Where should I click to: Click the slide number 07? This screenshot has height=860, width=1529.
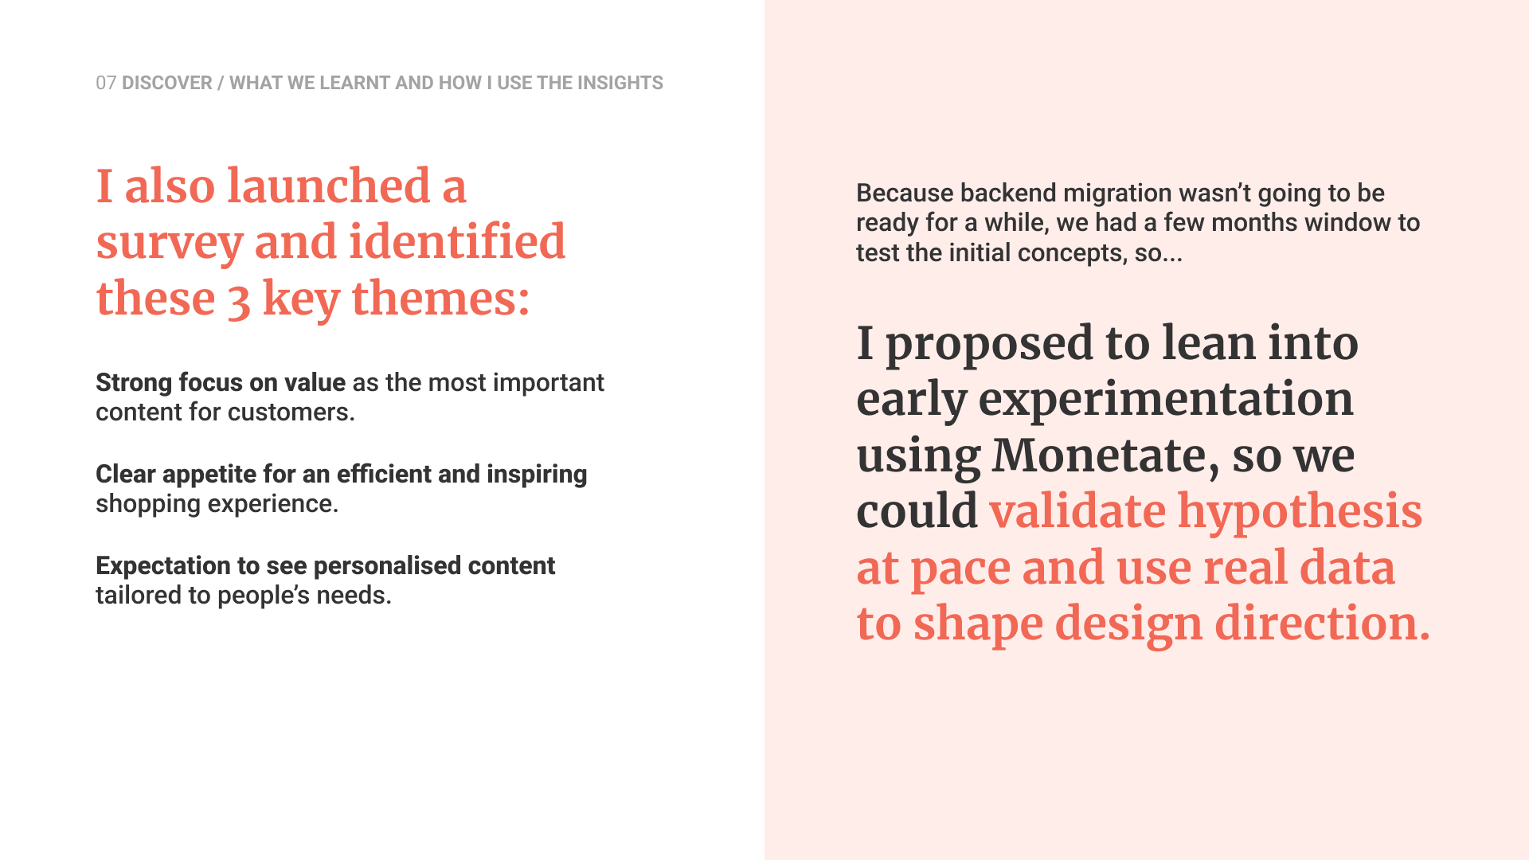(106, 83)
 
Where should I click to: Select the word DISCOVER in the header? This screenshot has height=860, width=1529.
(167, 83)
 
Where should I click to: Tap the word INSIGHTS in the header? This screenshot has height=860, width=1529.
(620, 83)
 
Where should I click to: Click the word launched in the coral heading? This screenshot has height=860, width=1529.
(329, 186)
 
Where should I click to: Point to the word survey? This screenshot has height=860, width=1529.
(170, 244)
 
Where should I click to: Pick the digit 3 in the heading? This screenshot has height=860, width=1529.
(239, 302)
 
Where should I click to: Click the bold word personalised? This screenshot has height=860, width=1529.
(388, 565)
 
